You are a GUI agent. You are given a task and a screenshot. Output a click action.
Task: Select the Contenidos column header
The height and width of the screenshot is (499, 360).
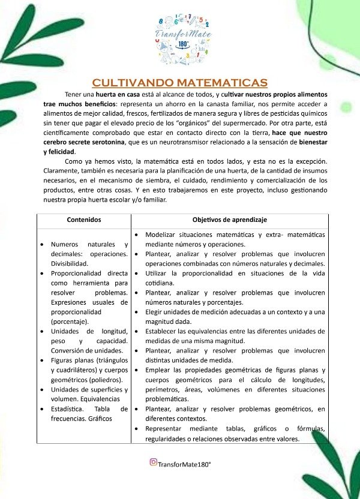(84, 220)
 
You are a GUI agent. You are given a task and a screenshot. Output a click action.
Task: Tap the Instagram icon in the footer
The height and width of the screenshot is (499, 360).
(154, 462)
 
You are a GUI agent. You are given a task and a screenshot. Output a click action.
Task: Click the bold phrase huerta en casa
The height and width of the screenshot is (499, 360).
(118, 95)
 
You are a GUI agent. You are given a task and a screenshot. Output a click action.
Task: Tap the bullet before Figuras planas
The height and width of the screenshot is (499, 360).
(41, 361)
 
